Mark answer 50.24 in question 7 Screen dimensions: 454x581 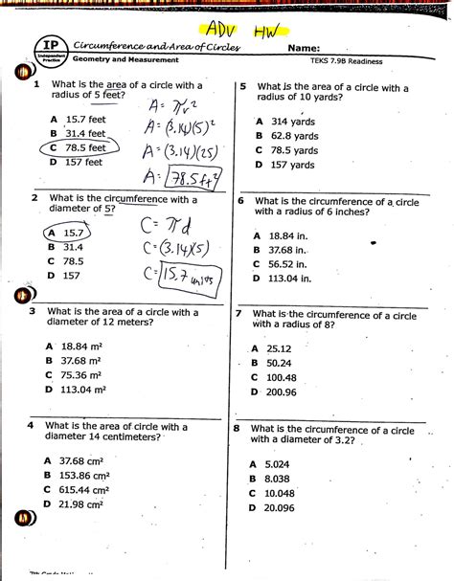tap(280, 363)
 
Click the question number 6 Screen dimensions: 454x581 tap(241, 202)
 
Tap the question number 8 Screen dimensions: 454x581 tap(237, 429)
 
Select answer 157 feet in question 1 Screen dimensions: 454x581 tap(80, 163)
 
